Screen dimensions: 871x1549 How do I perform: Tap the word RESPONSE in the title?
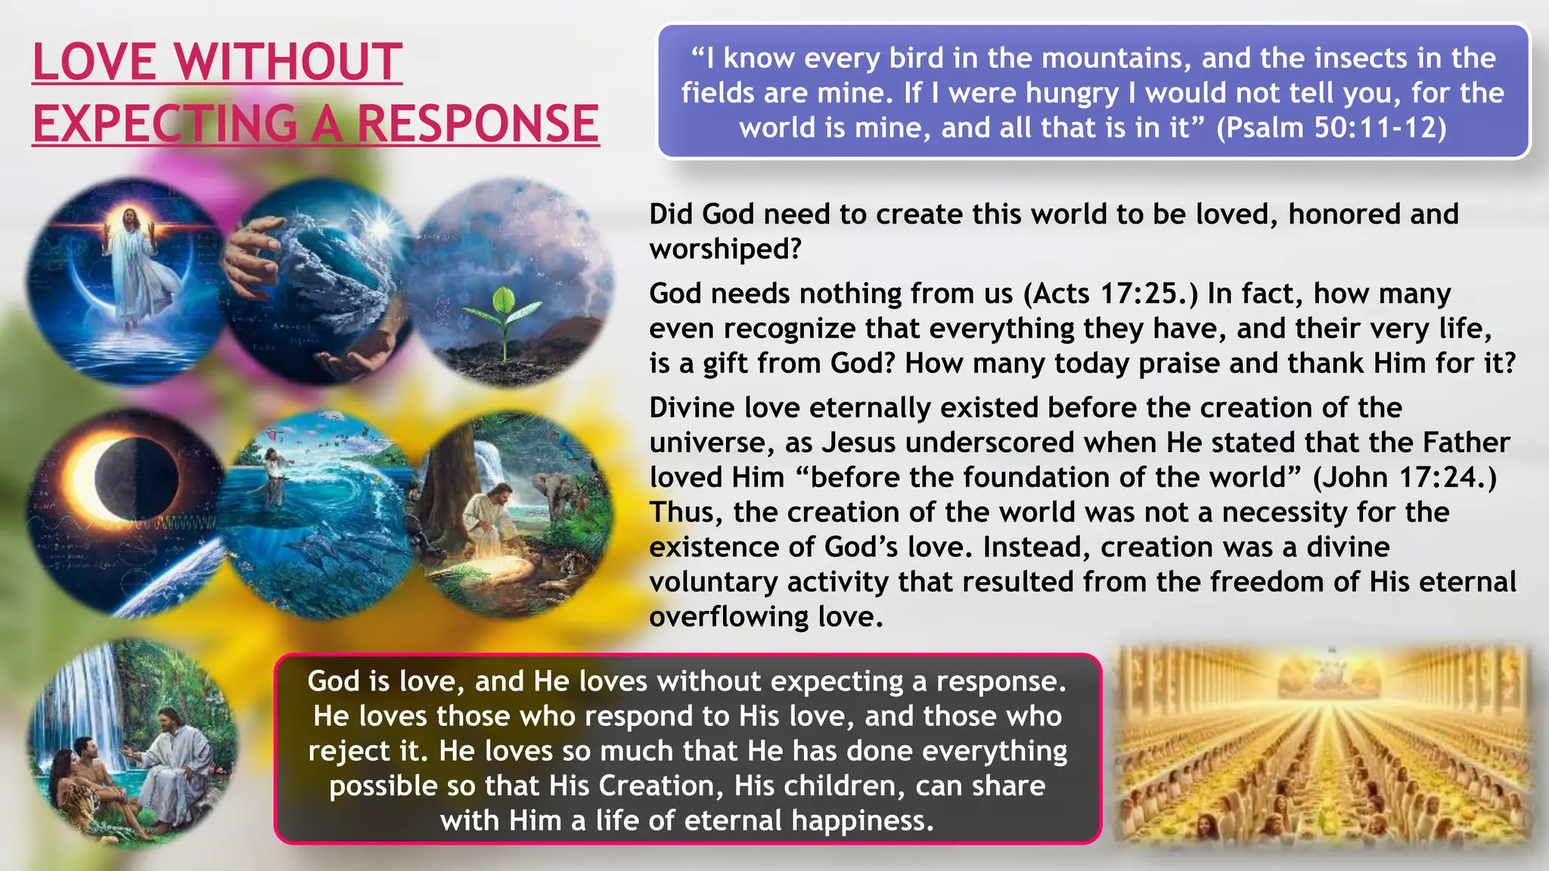(478, 124)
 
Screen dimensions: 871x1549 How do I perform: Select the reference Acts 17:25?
(1110, 293)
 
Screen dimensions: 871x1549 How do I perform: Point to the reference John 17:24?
(1404, 478)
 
